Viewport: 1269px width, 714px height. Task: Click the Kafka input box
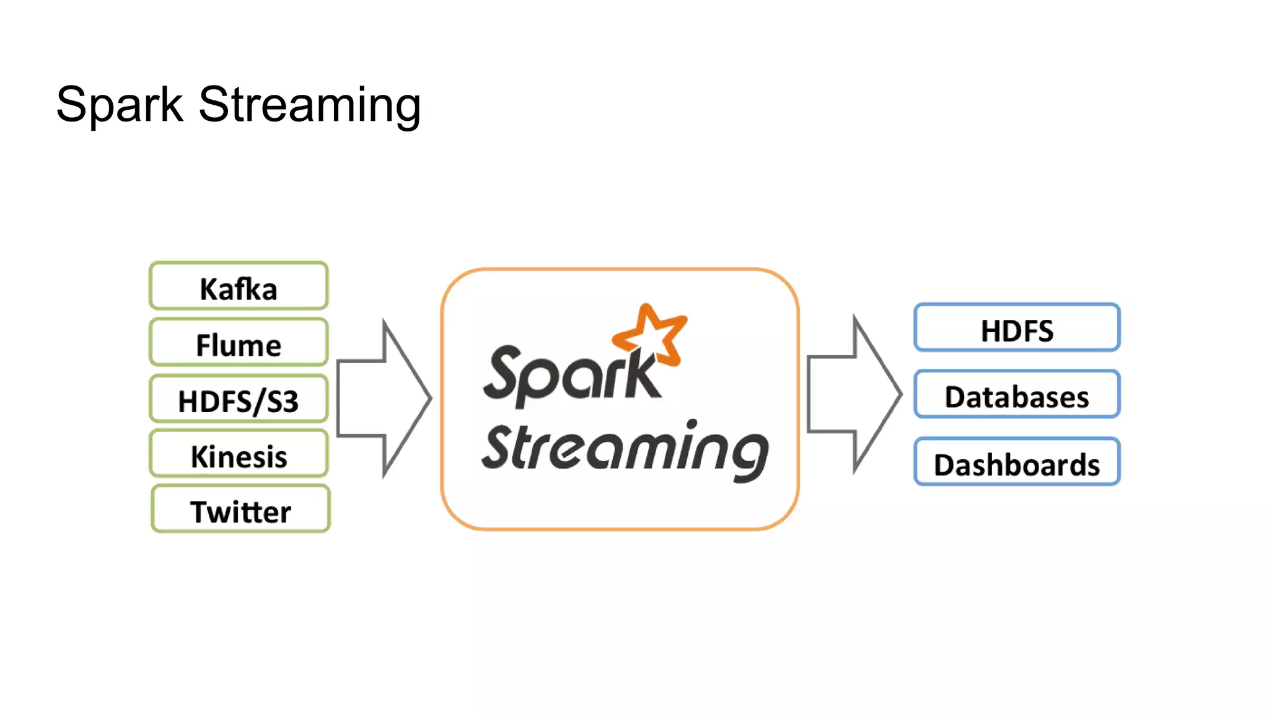pos(239,286)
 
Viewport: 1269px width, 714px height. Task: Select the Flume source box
pos(239,342)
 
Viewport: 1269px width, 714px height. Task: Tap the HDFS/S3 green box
pos(239,399)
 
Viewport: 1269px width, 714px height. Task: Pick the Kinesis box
pos(239,454)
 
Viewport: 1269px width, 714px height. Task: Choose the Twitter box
pos(240,509)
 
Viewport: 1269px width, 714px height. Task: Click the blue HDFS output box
pos(1017,328)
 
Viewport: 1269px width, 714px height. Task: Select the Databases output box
pos(1017,395)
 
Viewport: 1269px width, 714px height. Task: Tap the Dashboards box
pos(1017,462)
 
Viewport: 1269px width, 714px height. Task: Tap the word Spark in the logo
pos(570,375)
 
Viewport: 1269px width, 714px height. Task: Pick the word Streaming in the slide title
pos(309,105)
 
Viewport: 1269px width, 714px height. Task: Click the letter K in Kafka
pos(208,289)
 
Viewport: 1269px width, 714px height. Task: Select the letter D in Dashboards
pos(946,465)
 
